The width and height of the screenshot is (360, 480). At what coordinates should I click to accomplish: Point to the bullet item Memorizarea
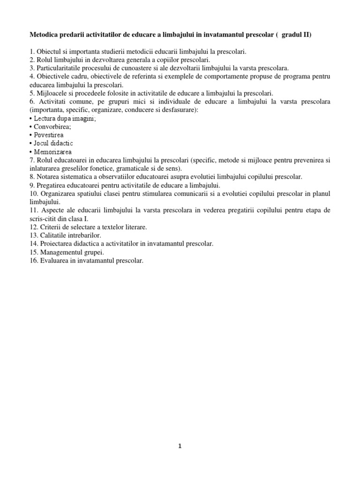click(53, 152)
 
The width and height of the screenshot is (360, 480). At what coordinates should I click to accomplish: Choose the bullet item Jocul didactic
click(53, 143)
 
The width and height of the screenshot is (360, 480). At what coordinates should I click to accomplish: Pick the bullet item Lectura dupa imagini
click(64, 118)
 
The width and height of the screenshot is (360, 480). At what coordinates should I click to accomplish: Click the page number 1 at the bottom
click(180, 446)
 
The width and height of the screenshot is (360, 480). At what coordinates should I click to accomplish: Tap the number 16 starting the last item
click(33, 261)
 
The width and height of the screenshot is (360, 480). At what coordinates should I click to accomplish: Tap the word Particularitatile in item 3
click(58, 68)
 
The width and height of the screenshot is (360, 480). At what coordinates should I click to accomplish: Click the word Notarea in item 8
click(49, 177)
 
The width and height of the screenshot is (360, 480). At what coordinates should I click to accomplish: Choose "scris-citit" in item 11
click(44, 218)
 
